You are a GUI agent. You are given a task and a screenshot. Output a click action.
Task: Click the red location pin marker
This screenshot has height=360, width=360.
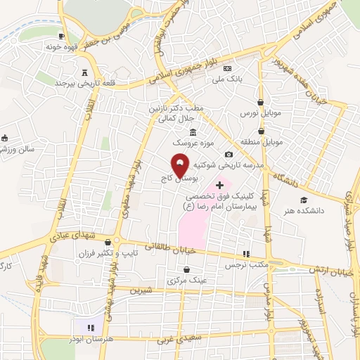181,165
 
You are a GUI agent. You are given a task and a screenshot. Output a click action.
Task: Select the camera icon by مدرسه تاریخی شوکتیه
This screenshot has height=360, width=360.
229,155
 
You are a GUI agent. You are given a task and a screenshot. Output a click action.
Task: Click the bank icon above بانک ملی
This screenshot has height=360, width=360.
227,68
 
